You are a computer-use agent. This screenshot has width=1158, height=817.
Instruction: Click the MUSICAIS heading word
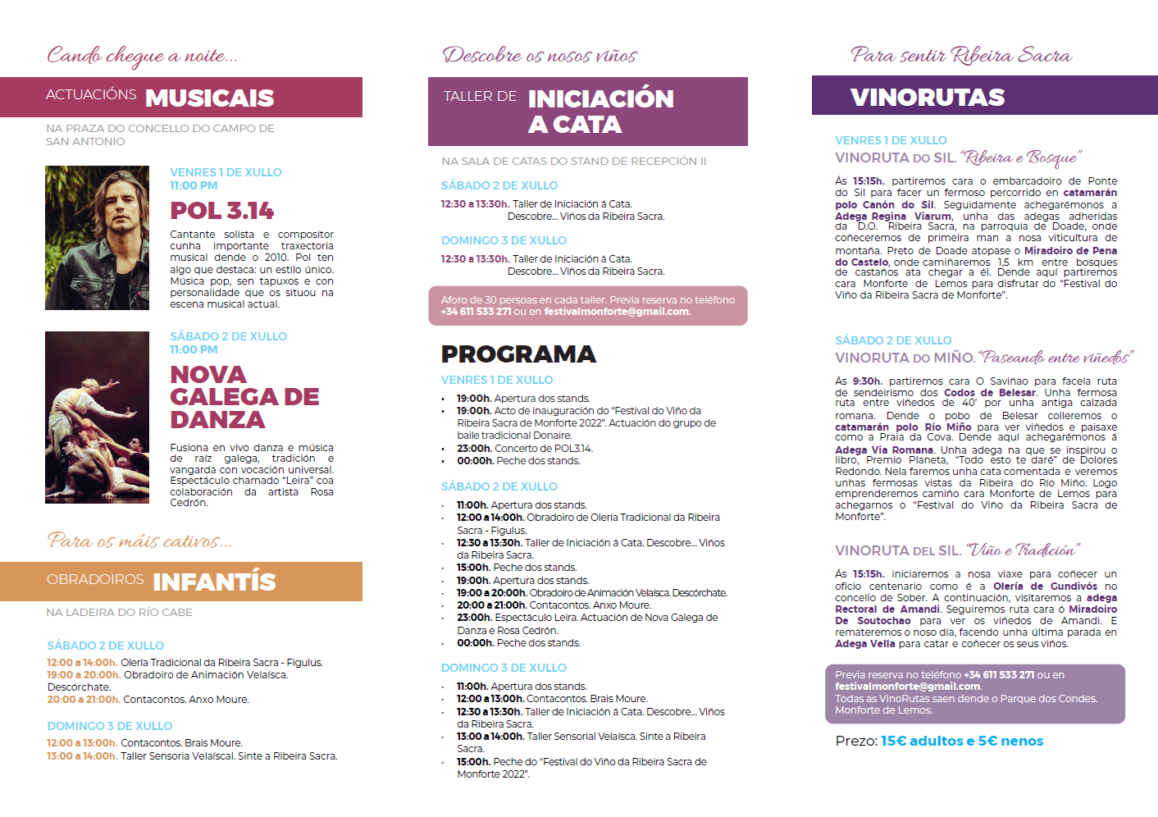click(209, 98)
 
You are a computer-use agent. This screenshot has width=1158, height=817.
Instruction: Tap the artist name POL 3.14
click(221, 211)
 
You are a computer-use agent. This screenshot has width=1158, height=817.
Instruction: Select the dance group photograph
click(97, 417)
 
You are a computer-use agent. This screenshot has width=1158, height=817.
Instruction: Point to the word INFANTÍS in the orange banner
click(214, 582)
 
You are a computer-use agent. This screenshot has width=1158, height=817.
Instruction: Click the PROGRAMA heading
click(518, 354)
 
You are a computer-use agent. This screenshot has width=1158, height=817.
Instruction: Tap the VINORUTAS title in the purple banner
click(927, 97)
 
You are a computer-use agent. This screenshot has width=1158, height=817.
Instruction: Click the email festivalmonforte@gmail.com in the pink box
click(617, 312)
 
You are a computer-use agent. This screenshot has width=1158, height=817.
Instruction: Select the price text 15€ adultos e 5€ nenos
click(962, 741)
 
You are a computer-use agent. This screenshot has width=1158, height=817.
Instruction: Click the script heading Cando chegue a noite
click(142, 56)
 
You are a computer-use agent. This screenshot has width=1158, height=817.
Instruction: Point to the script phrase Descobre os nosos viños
click(540, 56)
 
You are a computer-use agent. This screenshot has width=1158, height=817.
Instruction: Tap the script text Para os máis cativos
click(139, 541)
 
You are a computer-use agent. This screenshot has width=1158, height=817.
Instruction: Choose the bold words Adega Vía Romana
click(884, 450)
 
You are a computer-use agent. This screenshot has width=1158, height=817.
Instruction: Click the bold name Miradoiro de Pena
click(1070, 250)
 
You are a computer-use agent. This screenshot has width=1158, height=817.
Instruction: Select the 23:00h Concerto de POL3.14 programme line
click(525, 449)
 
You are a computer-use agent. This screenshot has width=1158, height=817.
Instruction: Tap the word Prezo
click(856, 741)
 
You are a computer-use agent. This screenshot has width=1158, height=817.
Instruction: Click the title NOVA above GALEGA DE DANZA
click(208, 375)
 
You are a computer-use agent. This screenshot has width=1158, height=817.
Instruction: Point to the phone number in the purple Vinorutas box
click(999, 675)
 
